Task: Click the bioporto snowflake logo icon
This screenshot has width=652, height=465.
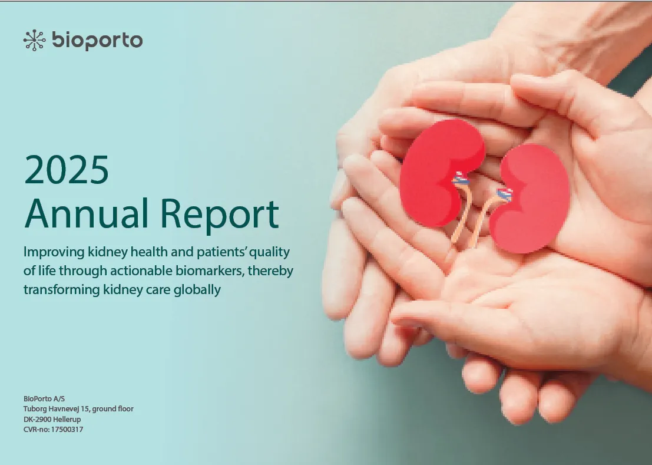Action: [34, 40]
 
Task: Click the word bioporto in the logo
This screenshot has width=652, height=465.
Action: [97, 40]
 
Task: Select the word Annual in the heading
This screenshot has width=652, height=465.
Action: [87, 213]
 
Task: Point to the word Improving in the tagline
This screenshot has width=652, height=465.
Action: [54, 252]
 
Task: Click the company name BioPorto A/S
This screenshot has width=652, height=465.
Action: [44, 398]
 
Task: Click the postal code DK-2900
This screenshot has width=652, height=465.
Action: [37, 419]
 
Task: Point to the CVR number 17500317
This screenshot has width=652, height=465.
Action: [67, 430]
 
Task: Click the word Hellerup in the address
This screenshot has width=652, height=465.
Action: [67, 419]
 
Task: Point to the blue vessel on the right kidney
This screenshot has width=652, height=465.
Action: [505, 193]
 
